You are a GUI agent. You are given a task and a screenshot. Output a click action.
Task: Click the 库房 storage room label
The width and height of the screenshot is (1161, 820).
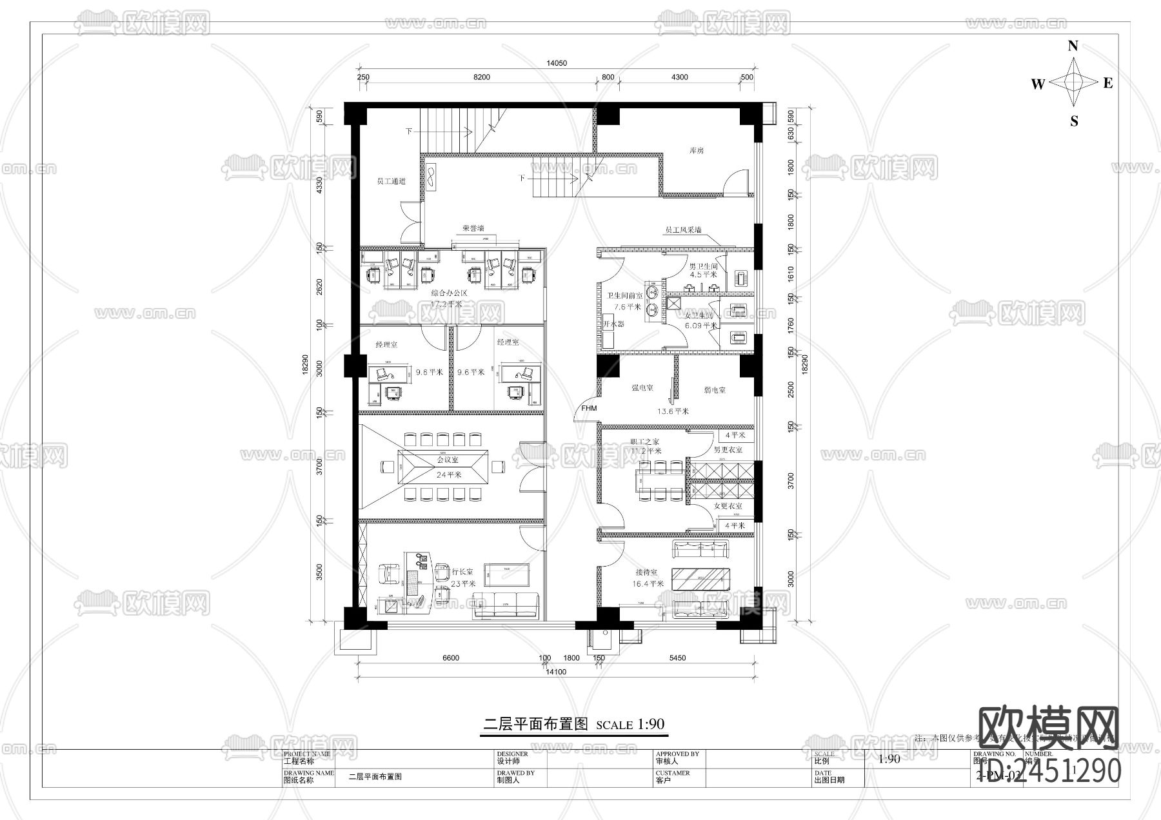(x=696, y=150)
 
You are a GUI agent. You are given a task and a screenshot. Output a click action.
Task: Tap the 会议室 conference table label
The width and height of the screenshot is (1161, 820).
(x=447, y=460)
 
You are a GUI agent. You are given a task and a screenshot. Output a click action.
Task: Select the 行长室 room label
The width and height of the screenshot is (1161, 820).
(x=462, y=572)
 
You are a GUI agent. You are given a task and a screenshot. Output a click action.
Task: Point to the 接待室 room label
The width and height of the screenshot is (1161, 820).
(x=646, y=572)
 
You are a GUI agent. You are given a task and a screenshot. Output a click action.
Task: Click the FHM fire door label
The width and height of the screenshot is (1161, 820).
(x=589, y=409)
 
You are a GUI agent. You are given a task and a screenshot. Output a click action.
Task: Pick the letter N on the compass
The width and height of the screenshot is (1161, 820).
(x=1073, y=46)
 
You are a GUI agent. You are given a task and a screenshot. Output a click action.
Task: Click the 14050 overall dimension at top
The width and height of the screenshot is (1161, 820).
(x=556, y=63)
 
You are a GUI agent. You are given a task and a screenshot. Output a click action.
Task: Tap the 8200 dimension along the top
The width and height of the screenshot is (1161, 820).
(x=481, y=77)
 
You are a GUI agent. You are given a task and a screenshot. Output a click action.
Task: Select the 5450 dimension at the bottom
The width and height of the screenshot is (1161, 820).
(x=677, y=658)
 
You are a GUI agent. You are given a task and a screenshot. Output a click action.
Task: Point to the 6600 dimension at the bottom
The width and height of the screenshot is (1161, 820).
(x=451, y=658)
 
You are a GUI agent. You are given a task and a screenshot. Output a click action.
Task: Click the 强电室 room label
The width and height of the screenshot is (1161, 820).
(x=642, y=388)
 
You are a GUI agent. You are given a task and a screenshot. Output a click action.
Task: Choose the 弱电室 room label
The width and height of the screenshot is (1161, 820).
(x=715, y=390)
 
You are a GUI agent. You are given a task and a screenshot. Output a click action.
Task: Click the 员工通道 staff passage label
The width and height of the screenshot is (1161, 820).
(x=391, y=182)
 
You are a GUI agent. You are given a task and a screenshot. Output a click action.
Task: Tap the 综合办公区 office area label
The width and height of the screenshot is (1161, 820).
(x=449, y=293)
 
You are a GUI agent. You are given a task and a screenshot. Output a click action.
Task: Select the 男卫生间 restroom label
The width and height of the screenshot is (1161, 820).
(x=703, y=266)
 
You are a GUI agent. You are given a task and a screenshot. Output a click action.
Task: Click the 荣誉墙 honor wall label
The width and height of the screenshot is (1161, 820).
(x=473, y=228)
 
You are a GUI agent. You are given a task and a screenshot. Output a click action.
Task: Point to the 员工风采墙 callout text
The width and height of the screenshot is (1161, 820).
(x=683, y=229)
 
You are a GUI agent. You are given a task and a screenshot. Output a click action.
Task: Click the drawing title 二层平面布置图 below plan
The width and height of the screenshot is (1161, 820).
(x=536, y=724)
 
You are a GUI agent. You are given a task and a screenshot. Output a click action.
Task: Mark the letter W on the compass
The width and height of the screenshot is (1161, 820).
(x=1037, y=84)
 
